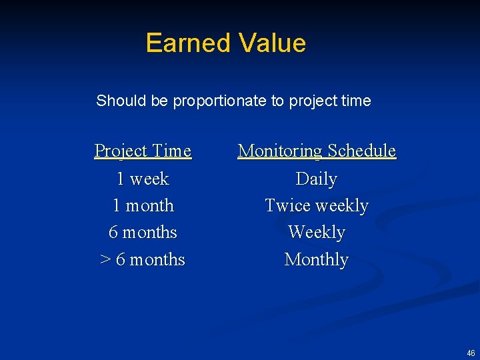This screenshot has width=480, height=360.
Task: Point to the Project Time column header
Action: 143,151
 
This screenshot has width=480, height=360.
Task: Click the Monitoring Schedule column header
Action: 317,151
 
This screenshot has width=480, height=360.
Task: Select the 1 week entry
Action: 143,179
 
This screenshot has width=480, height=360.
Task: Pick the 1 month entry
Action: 143,205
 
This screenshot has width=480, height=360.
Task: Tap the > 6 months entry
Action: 143,259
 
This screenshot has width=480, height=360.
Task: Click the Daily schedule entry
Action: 317,179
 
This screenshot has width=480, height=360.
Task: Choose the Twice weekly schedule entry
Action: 317,206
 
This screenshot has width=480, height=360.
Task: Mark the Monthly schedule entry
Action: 317,259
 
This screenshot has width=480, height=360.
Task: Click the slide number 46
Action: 471,353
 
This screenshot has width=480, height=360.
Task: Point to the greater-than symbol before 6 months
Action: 105,259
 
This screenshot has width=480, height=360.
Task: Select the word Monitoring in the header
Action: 279,151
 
